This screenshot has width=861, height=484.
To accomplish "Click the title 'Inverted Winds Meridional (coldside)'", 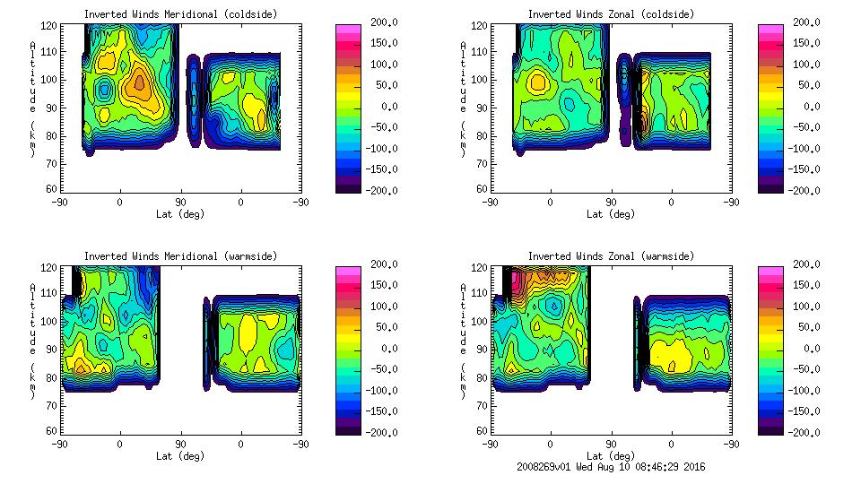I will tap(180, 14).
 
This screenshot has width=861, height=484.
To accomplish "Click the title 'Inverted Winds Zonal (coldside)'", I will tap(611, 14).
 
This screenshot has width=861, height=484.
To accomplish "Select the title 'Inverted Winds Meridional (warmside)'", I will tap(180, 256).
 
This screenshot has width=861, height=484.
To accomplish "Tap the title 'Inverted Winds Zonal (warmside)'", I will tap(611, 256).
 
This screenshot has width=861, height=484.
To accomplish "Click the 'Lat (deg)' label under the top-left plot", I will tap(180, 214).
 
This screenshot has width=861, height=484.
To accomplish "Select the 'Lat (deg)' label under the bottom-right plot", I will tap(611, 456).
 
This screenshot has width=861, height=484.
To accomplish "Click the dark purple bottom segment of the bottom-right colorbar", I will tap(770, 428).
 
